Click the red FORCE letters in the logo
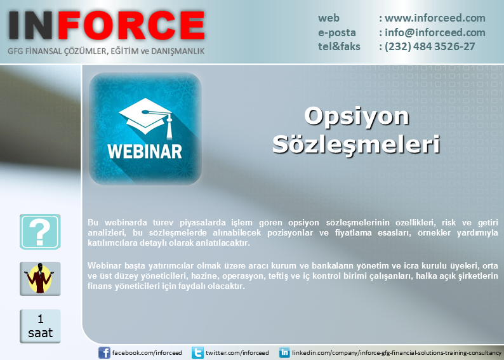coord(131,25)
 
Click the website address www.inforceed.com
coord(435,18)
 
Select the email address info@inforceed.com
coord(435,32)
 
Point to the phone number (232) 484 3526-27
coord(430,46)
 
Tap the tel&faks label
coord(339,46)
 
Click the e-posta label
coord(337,33)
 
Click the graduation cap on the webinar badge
coord(147,117)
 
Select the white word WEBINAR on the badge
coord(145,152)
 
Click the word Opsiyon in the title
coord(357,116)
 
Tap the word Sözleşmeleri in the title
coord(356,145)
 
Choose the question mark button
coord(40,232)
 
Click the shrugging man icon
coord(40,279)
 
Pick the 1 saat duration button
coord(40,326)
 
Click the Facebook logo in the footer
coord(104,352)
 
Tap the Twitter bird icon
coord(197,352)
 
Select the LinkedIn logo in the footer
coord(284,352)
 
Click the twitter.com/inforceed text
coord(237,352)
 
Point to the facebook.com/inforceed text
coord(147,352)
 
